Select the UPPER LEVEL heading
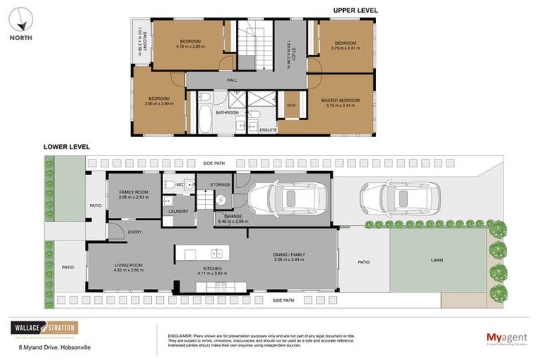[355, 10]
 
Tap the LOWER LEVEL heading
[66, 147]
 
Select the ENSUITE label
[268, 130]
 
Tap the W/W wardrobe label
[290, 105]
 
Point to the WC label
[180, 185]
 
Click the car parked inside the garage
[285, 198]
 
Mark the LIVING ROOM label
[129, 266]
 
